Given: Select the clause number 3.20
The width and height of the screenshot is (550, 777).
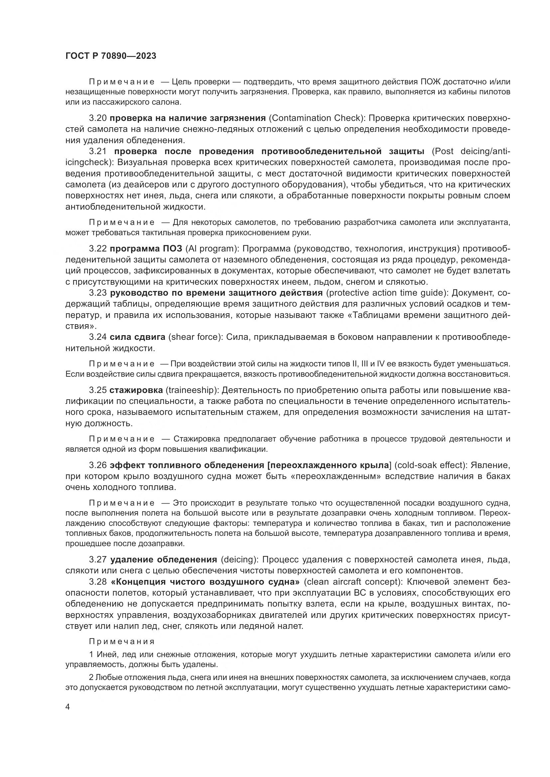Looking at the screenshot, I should tap(98, 118).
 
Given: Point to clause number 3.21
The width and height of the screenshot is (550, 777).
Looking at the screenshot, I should tap(98, 151).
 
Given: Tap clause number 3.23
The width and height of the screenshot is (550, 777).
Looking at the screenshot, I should tap(98, 293).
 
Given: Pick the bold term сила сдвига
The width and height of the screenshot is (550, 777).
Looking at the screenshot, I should tap(138, 337).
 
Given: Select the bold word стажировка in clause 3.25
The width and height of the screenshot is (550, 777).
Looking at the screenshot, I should tap(136, 390).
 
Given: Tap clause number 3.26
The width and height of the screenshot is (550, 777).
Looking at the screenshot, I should tap(98, 465).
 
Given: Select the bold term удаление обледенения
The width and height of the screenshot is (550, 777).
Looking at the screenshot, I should tap(164, 559).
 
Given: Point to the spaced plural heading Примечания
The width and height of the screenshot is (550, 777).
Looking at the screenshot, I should tap(122, 642).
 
